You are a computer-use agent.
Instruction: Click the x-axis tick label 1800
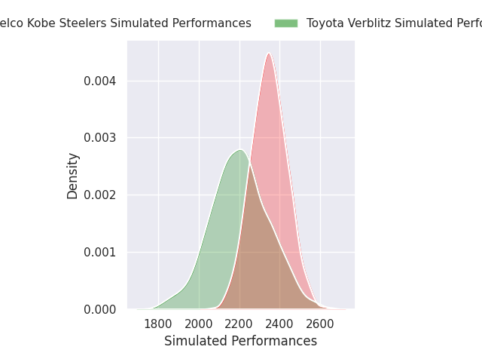[x=158, y=324]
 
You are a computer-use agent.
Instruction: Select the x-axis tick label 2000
[x=199, y=324]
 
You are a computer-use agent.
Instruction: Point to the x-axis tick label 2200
[x=239, y=324]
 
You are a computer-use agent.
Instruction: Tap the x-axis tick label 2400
[x=280, y=324]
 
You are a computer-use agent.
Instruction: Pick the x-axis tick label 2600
[x=321, y=324]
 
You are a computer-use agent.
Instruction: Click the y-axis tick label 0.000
[x=100, y=309]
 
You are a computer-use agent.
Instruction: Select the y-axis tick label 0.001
[x=100, y=252]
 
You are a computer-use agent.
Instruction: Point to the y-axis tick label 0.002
[x=100, y=195]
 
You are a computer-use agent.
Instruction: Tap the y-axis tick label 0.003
[x=100, y=138]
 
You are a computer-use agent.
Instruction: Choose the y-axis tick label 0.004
[x=100, y=81]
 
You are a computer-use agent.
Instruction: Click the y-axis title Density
[x=73, y=176]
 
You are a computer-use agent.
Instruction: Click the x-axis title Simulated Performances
[x=241, y=341]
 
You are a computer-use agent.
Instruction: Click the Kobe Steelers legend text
[x=125, y=23]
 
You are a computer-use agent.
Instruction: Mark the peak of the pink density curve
[x=269, y=53]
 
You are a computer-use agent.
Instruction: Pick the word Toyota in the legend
[x=325, y=23]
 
